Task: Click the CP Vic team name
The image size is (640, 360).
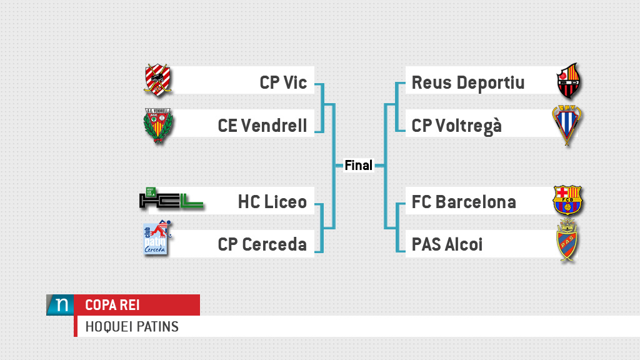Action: point(283,82)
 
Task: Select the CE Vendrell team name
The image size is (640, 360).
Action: point(262,126)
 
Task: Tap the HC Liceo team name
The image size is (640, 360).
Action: point(272,202)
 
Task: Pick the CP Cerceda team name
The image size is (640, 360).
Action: point(262,244)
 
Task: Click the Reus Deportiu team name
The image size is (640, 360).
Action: point(468,82)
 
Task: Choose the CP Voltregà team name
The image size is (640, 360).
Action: point(457,126)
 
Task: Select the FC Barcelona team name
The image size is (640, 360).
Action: point(464,202)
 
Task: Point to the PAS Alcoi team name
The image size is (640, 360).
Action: point(447,244)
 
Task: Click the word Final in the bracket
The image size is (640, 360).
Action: point(359,166)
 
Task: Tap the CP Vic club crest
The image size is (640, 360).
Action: point(157,80)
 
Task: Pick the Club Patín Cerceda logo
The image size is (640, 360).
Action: point(157,239)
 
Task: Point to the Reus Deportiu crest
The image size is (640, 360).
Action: point(569,82)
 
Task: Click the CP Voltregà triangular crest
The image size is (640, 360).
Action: point(566,125)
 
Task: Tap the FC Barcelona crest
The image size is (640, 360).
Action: point(567,200)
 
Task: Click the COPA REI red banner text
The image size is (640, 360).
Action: point(112,305)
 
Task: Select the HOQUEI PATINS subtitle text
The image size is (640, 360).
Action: point(132,326)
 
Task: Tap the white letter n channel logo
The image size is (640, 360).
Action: point(61,305)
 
